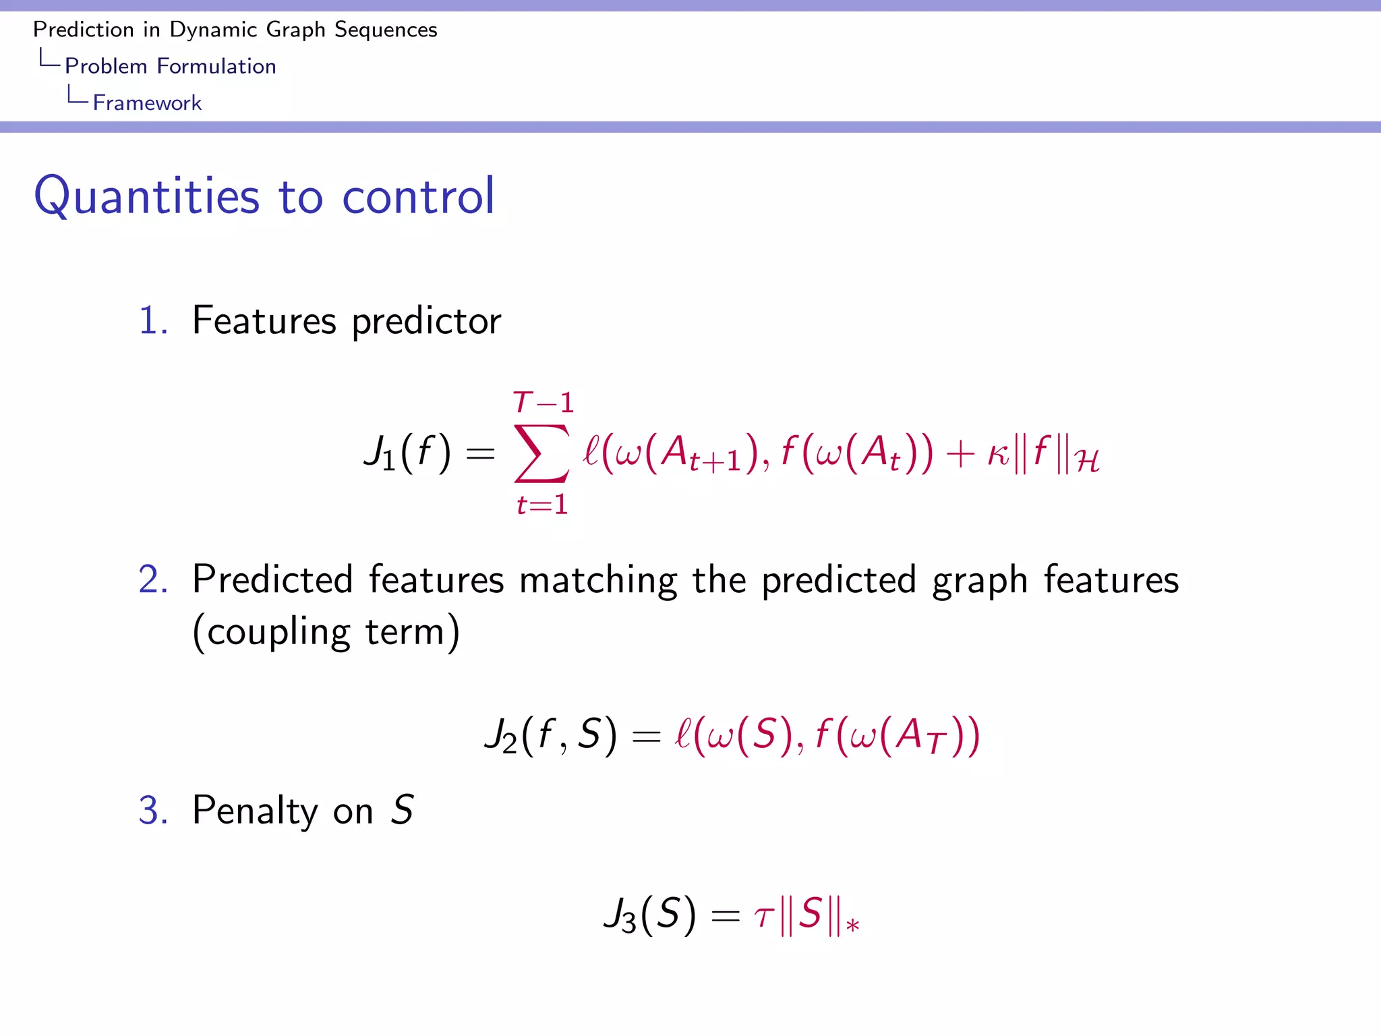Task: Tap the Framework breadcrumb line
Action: point(147,103)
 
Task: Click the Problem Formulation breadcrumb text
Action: point(170,66)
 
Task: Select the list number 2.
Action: point(152,579)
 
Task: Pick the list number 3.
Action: point(152,810)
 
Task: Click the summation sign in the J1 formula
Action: point(541,453)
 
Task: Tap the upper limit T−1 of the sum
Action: point(543,403)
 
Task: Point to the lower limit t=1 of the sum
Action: point(542,505)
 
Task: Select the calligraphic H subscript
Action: point(1086,463)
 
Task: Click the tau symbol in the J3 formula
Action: point(764,917)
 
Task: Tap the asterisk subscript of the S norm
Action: point(852,925)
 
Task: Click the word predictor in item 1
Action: point(426,320)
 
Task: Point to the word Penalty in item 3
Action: point(254,810)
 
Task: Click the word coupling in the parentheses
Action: point(278,632)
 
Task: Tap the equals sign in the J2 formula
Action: point(645,737)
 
